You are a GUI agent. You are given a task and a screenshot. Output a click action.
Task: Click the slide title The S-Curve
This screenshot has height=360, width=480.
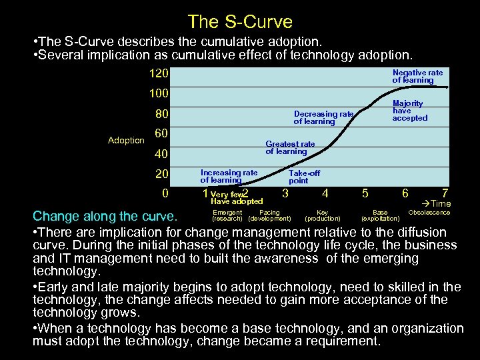[240, 22]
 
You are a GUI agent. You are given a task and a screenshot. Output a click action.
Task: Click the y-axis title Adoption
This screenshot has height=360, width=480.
[126, 140]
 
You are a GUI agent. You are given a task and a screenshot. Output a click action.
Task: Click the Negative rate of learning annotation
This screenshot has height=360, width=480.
[417, 76]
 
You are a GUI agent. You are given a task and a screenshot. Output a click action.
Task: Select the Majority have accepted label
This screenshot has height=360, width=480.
[409, 111]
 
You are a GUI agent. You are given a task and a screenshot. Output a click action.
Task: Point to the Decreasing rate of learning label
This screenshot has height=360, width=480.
[323, 118]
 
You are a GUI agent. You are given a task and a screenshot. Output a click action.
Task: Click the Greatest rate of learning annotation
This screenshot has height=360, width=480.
[290, 147]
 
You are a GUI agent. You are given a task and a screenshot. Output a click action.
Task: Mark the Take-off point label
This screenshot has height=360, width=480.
[304, 177]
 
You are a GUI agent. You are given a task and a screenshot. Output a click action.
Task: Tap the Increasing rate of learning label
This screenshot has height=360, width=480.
[229, 177]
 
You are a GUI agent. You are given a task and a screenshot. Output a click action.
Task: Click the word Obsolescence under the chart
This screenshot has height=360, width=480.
[429, 213]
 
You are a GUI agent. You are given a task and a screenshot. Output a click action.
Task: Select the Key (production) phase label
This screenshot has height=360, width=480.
[323, 215]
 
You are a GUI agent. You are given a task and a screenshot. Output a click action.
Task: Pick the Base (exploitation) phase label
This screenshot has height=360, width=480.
[380, 215]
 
